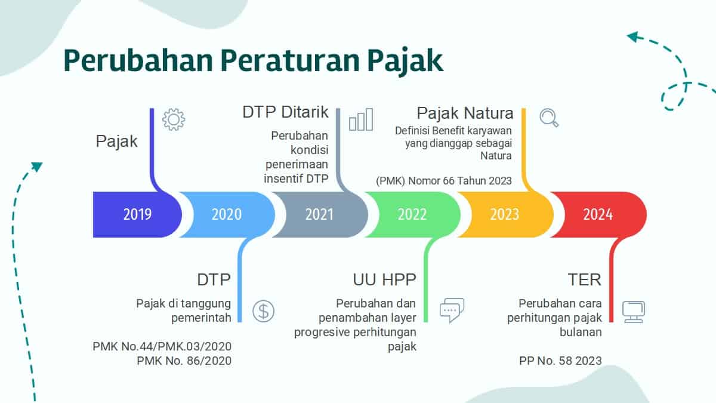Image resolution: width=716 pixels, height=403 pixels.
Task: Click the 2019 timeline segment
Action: click(137, 214)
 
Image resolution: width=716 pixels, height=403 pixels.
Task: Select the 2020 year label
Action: click(227, 214)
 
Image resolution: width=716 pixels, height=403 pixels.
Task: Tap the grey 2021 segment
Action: click(320, 214)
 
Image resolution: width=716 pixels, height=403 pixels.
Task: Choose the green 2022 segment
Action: click(412, 214)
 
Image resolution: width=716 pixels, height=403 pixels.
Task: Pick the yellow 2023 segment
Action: click(505, 214)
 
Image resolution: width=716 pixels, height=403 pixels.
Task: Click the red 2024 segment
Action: click(598, 214)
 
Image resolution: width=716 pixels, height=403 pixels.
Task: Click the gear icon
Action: click(174, 119)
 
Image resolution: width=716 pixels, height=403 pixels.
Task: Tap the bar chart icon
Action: click(361, 119)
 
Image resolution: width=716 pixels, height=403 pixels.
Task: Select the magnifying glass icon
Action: click(549, 118)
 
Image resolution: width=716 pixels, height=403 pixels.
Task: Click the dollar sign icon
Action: click(263, 311)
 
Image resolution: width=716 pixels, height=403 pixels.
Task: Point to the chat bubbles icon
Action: click(452, 310)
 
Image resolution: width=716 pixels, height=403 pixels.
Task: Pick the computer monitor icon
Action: click(634, 312)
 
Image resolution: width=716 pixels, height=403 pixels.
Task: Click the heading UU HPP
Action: click(384, 279)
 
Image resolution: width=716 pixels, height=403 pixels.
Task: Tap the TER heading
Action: click(584, 279)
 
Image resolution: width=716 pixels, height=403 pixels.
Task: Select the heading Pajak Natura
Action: click(465, 113)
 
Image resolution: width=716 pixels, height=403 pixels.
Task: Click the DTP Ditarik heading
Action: click(285, 112)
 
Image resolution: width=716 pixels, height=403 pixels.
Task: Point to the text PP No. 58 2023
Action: click(560, 361)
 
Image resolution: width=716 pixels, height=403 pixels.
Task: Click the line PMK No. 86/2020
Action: click(184, 361)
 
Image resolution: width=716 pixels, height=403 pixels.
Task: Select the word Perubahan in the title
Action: click(138, 60)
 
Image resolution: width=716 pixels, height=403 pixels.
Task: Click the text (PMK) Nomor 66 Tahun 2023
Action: click(444, 181)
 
